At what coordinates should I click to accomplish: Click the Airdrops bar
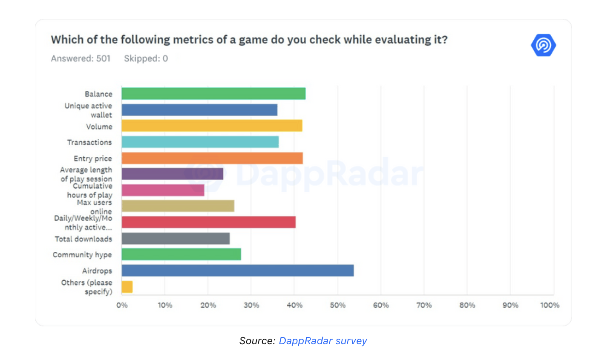(237, 271)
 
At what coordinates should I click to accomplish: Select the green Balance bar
(213, 94)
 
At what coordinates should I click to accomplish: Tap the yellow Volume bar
(212, 126)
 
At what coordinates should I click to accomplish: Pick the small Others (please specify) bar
(127, 287)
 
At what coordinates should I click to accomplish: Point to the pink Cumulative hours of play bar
(163, 190)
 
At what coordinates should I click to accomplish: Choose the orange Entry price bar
(212, 158)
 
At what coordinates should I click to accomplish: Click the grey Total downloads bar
(176, 239)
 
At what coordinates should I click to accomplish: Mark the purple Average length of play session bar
(172, 174)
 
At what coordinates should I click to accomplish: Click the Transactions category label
(89, 142)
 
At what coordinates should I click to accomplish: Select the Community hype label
(82, 255)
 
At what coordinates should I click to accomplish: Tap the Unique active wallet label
(88, 110)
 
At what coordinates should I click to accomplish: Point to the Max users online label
(95, 207)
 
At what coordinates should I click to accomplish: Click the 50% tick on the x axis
(337, 305)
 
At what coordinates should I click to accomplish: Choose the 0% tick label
(122, 305)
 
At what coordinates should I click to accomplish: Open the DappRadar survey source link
(322, 341)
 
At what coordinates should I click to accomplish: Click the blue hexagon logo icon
(543, 45)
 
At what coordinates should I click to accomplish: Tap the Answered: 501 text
(81, 58)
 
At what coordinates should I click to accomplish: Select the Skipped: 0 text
(146, 58)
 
